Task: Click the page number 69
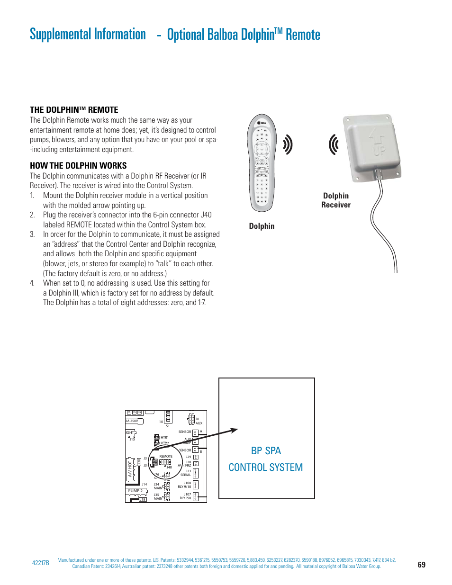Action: pos(421,565)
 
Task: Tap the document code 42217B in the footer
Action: pos(40,563)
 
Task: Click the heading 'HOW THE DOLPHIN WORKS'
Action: pos(78,166)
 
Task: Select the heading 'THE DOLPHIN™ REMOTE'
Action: pos(74,110)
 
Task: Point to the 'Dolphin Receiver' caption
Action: pos(336,200)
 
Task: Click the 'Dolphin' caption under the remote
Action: pos(262,226)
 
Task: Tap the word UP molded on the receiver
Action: pos(379,151)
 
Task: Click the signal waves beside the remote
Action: pos(288,144)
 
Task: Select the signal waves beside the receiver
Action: pos(334,144)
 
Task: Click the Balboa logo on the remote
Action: pos(262,123)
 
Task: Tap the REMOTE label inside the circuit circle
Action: pos(166,457)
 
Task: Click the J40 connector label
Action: pos(169,468)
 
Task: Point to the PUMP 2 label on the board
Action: pos(135,491)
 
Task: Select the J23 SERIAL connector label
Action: pos(186,473)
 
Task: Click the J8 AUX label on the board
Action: pos(198,421)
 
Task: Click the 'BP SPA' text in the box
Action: pos(266,450)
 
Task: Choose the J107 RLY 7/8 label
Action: pos(186,496)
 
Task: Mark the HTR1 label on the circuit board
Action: pos(164,438)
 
